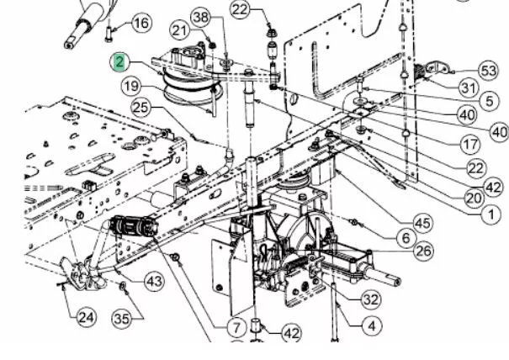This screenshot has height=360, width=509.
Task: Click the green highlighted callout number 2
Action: [119, 62]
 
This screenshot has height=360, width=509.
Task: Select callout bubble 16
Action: [141, 23]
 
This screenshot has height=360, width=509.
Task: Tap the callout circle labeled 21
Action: [179, 31]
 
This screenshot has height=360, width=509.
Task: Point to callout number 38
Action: [200, 17]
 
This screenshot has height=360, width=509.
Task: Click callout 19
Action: [131, 87]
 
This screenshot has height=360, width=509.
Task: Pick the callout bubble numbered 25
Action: [141, 108]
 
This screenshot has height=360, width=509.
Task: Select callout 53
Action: [489, 71]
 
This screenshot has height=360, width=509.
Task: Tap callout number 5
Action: [490, 101]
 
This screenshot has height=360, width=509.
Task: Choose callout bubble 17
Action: [470, 144]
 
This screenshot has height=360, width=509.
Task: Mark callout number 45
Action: [423, 224]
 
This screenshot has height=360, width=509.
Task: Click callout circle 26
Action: [424, 251]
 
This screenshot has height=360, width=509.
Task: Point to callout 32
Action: [371, 299]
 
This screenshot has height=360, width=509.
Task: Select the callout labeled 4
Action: [372, 326]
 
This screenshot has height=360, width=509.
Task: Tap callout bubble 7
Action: [236, 327]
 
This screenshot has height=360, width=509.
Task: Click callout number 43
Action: [154, 281]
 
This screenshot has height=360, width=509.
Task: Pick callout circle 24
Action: [87, 317]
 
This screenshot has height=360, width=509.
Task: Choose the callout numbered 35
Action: [122, 319]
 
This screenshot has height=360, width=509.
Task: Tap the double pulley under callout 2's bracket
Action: [192, 87]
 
